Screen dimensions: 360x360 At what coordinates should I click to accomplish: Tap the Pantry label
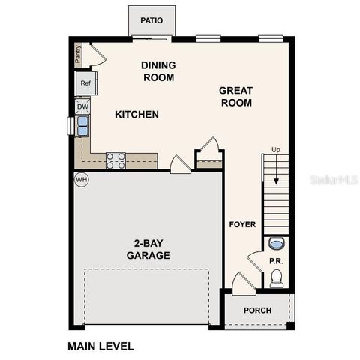(77, 54)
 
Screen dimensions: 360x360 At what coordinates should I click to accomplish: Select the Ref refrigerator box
(85, 83)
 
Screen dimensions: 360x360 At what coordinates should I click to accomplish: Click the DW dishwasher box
(82, 106)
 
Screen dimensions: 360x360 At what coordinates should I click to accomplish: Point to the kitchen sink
(82, 123)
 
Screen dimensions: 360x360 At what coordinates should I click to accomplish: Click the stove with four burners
(115, 160)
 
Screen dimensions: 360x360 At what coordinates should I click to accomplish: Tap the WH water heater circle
(81, 180)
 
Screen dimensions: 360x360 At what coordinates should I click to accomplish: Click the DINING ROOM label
(157, 71)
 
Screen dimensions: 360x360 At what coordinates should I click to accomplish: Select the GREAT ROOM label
(235, 97)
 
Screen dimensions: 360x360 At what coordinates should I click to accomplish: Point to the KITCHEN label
(136, 115)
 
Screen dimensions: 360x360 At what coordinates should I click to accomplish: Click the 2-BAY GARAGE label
(148, 249)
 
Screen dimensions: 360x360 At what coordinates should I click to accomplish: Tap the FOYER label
(242, 224)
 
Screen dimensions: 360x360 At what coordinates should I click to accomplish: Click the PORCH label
(258, 310)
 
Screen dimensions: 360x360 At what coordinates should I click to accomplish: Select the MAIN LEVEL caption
(100, 346)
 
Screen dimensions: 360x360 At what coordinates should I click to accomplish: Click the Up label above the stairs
(275, 151)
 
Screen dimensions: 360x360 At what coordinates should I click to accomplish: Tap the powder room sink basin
(276, 243)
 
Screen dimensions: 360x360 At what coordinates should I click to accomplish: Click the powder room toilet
(276, 279)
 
